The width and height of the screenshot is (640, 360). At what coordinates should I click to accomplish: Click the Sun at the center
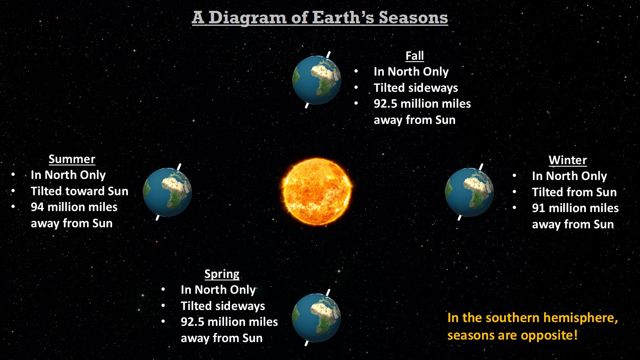coord(317,192)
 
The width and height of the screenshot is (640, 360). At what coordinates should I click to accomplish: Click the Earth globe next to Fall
coord(317,80)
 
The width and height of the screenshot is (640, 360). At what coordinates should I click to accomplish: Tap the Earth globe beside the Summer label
coord(167,192)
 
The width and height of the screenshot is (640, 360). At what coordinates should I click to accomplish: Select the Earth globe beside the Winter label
coord(469,192)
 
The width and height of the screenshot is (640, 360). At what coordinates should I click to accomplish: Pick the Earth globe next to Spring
coord(316,318)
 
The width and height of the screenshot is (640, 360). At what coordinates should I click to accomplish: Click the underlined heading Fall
coord(415,56)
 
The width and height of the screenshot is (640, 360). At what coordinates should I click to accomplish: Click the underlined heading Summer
coord(72,159)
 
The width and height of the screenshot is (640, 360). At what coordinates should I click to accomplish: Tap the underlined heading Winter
coord(567,160)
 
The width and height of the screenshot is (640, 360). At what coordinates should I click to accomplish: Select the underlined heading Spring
coord(222,274)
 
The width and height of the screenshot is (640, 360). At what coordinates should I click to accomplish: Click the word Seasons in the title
coord(413,18)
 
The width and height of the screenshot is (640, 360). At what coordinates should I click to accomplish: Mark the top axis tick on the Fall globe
coord(328,55)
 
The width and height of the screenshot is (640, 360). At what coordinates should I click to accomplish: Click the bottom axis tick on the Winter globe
coord(460,217)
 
